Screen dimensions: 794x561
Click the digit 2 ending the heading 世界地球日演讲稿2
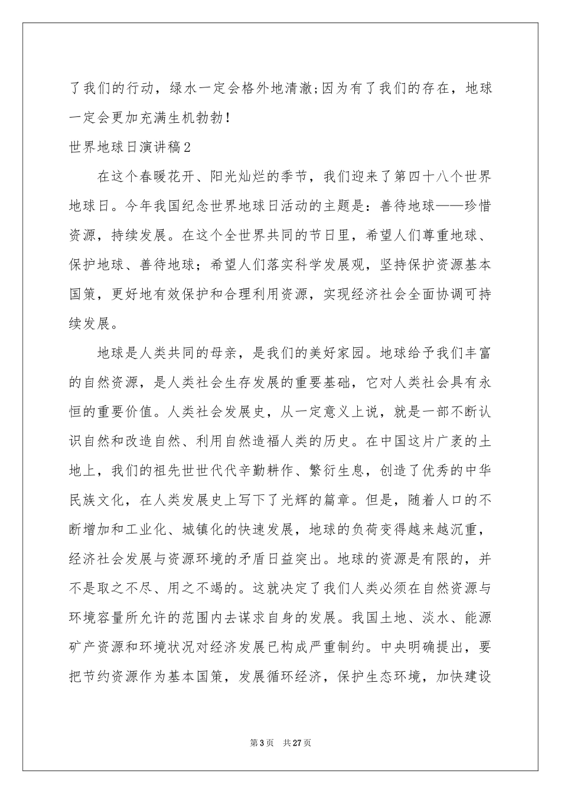pyautogui.click(x=187, y=148)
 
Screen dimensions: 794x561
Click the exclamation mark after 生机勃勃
pyautogui.click(x=229, y=119)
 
